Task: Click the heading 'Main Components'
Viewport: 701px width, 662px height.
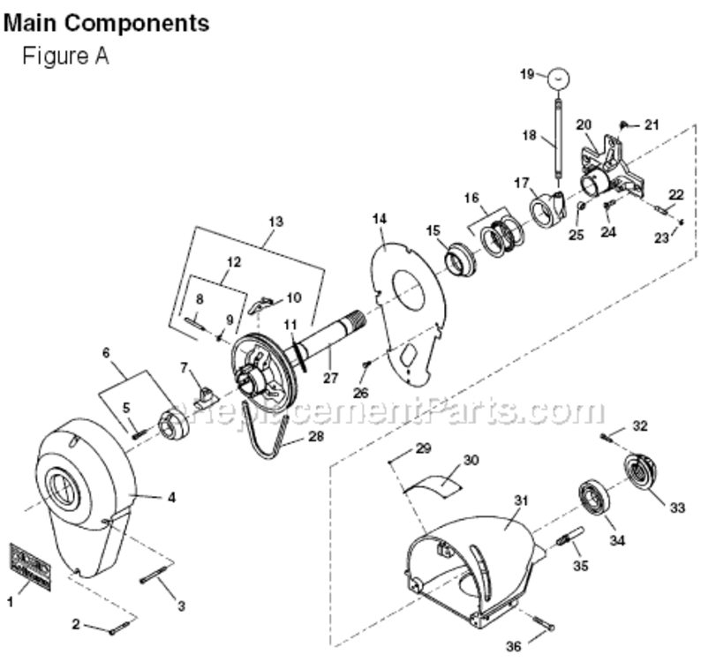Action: [x=107, y=22]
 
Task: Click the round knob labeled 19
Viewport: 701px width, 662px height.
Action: [x=557, y=78]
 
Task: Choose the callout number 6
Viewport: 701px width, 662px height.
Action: [x=107, y=351]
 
